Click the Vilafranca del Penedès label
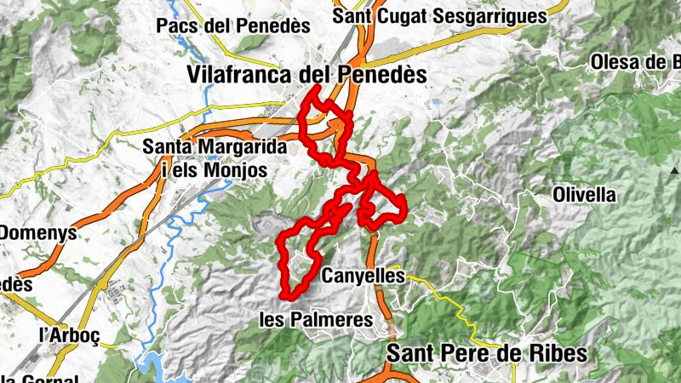pyautogui.click(x=306, y=75)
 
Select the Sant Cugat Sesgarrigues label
pyautogui.click(x=438, y=16)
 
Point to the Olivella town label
pyautogui.click(x=584, y=195)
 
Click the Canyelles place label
pyautogui.click(x=363, y=276)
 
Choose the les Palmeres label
pyautogui.click(x=316, y=320)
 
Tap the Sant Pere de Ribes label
pyautogui.click(x=487, y=352)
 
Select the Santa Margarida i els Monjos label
pyautogui.click(x=214, y=158)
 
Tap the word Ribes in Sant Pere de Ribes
pyautogui.click(x=558, y=352)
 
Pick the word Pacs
pyautogui.click(x=176, y=26)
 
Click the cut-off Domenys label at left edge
pyautogui.click(x=38, y=232)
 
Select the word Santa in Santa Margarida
pyautogui.click(x=164, y=146)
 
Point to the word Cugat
pyautogui.click(x=398, y=16)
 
